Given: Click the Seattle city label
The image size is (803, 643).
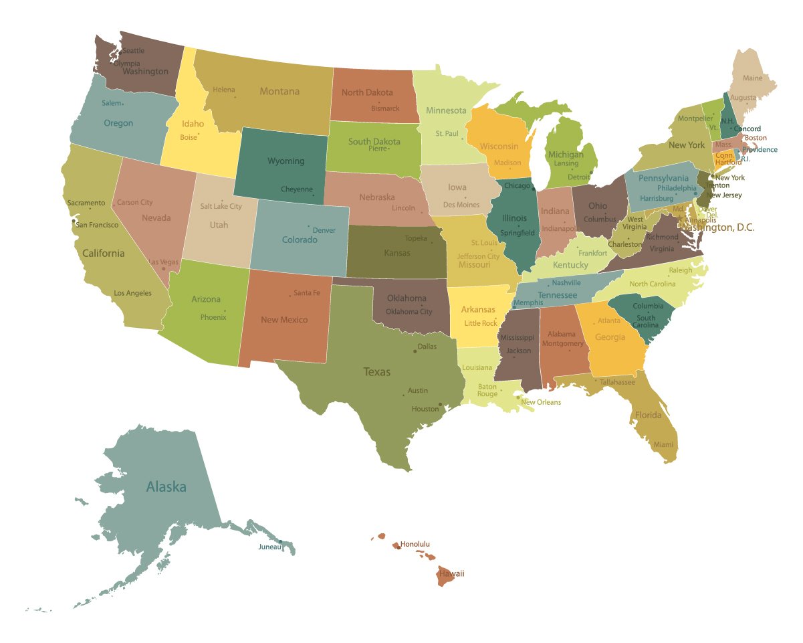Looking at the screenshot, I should (133, 51).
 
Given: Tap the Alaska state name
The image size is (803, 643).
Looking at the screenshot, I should (166, 487).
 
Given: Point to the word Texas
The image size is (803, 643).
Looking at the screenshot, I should (376, 372).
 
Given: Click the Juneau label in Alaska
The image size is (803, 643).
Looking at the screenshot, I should (269, 547).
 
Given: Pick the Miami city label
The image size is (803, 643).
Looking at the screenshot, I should (664, 445).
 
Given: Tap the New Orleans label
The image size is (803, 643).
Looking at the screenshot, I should (541, 403).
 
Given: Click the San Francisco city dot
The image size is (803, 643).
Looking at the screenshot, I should (74, 221).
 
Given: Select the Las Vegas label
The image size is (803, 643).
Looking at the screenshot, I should (163, 262).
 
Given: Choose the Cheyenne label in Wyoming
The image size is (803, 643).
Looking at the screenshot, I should (296, 189).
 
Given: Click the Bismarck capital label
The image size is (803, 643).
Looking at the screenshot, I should (385, 108).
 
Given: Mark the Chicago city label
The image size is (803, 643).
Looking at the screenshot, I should (517, 186).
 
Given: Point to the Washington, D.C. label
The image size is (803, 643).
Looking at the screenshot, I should (717, 228).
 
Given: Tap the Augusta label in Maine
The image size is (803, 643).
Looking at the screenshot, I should (743, 98).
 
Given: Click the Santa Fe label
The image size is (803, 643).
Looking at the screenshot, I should (307, 293).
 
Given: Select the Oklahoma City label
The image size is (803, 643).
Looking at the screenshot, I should (409, 312).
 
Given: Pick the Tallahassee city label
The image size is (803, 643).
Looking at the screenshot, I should (617, 382).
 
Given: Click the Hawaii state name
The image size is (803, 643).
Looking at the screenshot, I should (451, 574).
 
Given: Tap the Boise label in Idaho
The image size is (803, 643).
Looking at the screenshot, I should (189, 138).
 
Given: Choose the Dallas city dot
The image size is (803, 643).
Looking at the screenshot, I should (415, 351).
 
